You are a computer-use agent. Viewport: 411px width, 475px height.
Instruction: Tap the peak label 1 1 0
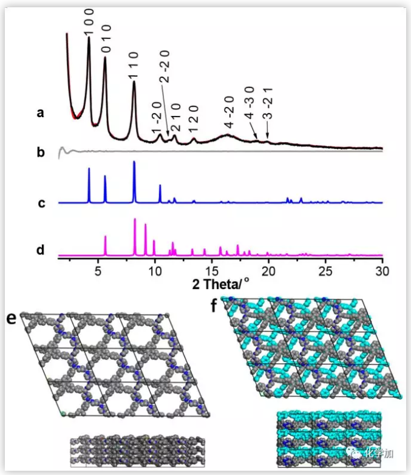[134, 66]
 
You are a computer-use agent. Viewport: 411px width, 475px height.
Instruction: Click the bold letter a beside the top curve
[40, 112]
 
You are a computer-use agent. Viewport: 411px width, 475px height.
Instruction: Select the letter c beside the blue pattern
[41, 203]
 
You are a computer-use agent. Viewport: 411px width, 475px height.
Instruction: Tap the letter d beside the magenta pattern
[41, 249]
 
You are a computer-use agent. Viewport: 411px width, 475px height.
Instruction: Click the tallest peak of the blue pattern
[134, 163]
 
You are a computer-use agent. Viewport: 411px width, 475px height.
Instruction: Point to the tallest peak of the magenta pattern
[135, 219]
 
